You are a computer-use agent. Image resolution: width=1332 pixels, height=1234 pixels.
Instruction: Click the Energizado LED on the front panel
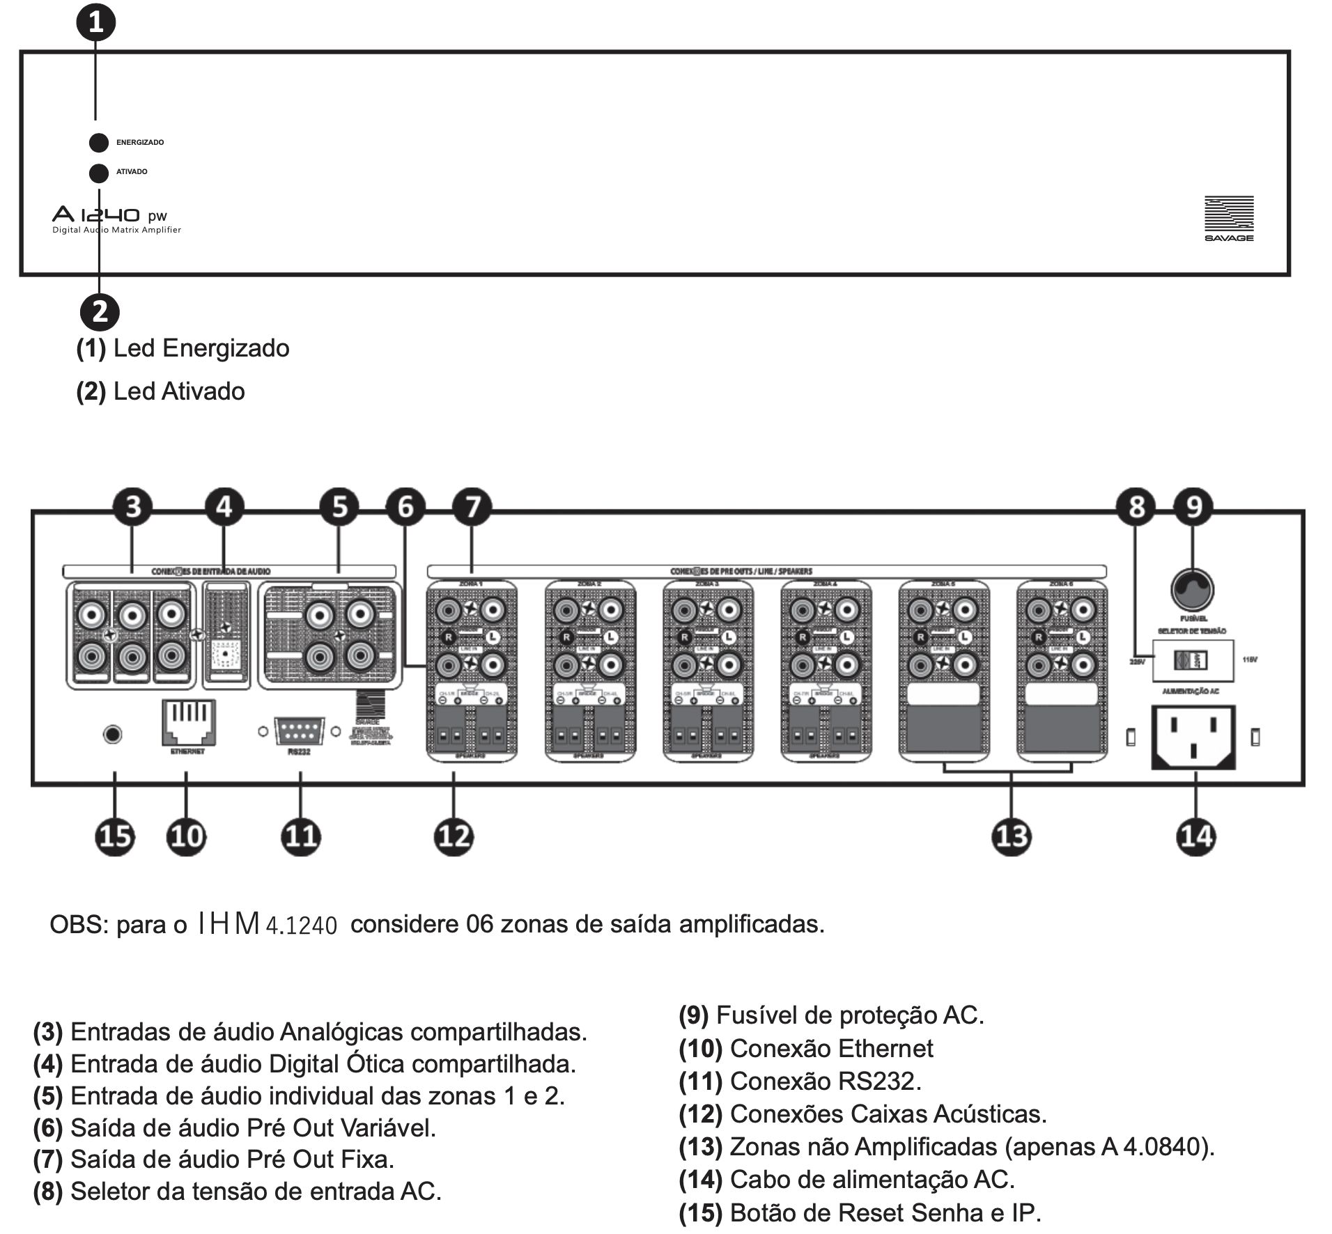click(99, 142)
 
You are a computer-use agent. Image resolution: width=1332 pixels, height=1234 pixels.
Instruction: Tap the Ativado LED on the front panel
click(99, 172)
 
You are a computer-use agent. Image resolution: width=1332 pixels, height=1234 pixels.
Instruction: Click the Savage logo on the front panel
click(1229, 218)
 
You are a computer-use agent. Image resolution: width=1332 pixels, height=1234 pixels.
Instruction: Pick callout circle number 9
click(1193, 507)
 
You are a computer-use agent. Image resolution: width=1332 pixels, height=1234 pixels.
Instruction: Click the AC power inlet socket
click(1193, 736)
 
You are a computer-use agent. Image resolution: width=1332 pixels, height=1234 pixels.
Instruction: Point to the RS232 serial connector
click(299, 732)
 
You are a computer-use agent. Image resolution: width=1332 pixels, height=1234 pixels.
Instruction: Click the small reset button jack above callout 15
click(112, 734)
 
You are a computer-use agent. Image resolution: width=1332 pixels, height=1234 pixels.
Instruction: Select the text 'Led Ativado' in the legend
click(179, 391)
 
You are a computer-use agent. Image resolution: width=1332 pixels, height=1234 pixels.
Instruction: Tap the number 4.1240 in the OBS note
click(302, 925)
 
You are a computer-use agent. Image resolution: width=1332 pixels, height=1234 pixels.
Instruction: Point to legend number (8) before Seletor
click(47, 1191)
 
